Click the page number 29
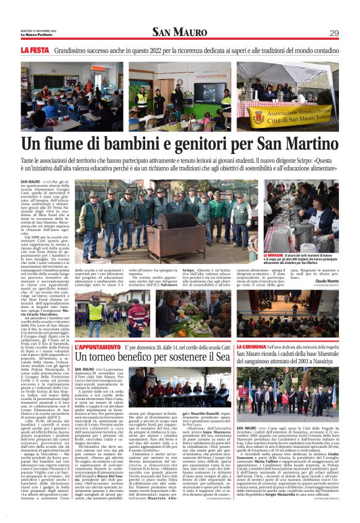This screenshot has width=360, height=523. tap(334, 33)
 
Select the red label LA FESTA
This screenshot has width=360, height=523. tap(34, 49)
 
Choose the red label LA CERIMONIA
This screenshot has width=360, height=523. tap(255, 347)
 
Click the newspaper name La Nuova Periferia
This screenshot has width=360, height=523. tap(34, 35)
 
